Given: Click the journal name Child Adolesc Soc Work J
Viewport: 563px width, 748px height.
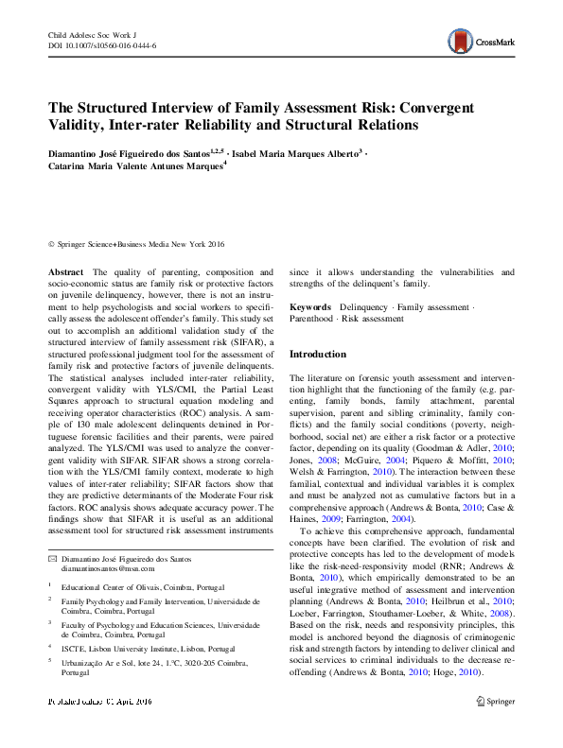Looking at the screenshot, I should [x=92, y=34].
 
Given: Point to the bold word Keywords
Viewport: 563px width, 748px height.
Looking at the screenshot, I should [x=309, y=308].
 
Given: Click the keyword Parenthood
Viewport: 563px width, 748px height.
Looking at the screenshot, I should [x=311, y=320].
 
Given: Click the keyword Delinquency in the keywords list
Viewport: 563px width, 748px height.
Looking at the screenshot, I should [x=363, y=308].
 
